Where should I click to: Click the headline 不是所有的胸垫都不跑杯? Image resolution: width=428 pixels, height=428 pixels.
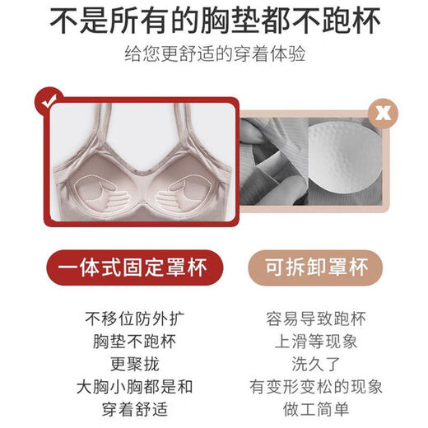click(214, 22)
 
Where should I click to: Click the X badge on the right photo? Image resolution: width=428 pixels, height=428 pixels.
click(381, 109)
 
